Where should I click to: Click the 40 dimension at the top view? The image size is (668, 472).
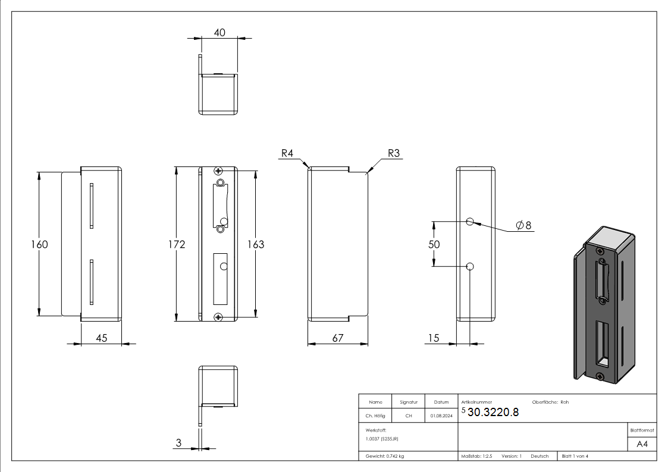[x=219, y=33]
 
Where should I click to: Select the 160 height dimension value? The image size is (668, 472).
[x=39, y=244]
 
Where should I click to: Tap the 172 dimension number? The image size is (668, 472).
[x=177, y=244]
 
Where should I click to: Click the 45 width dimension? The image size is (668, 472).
[x=101, y=338]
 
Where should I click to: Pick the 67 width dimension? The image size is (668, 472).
[x=338, y=338]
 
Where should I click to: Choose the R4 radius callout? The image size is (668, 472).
[x=287, y=153]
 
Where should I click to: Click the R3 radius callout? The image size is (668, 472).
[x=394, y=153]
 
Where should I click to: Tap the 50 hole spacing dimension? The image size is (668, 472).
[x=434, y=244]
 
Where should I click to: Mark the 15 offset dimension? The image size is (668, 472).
[x=433, y=338]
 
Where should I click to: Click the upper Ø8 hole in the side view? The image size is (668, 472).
[x=470, y=222]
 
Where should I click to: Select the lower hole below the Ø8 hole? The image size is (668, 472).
[x=470, y=266]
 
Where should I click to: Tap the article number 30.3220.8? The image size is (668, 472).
[x=493, y=413]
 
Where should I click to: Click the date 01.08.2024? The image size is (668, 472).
[x=441, y=416]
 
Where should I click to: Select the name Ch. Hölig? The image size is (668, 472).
[x=376, y=416]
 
